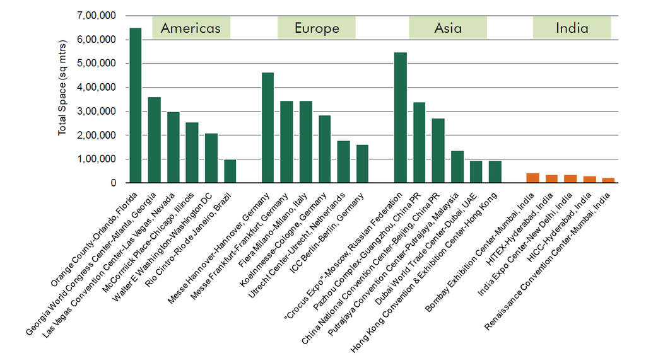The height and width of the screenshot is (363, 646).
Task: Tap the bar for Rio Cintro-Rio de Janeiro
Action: click(x=230, y=171)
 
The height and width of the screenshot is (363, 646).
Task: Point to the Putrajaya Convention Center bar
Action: click(x=457, y=166)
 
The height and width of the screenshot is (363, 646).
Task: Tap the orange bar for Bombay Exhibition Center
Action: click(x=532, y=178)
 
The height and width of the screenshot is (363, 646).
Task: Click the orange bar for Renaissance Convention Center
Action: click(x=608, y=180)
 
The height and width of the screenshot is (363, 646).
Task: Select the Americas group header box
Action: click(x=191, y=28)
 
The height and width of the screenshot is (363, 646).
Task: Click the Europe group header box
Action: click(x=317, y=28)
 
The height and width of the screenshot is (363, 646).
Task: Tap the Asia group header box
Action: click(x=448, y=28)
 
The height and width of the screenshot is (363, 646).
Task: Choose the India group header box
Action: click(x=572, y=28)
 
